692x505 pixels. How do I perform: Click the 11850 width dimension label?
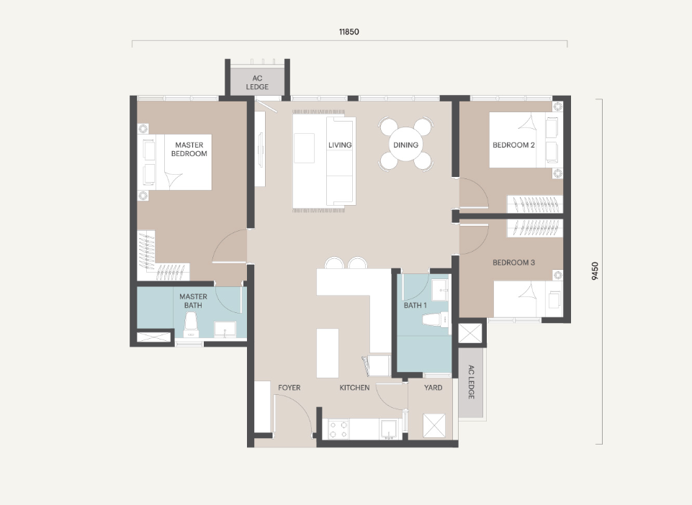coord(349,32)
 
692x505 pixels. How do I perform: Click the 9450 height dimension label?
coord(595,270)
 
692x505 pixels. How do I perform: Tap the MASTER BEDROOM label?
coord(189,149)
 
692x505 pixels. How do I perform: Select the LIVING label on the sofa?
coord(340,145)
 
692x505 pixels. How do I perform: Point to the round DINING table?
coord(405,145)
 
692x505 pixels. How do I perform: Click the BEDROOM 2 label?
coord(513,145)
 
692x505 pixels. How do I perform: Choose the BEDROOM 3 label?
coord(513,263)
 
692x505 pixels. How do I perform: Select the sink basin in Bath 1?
coord(440,289)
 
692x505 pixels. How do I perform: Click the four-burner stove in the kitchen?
coord(338,429)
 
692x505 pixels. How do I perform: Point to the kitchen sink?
coord(389,429)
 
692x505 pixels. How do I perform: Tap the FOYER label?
coord(289,388)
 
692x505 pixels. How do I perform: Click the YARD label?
coord(433,388)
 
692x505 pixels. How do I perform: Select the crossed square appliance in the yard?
coord(434,425)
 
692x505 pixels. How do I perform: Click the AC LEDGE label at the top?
coord(257,83)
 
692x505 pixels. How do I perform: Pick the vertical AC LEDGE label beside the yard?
coord(471,382)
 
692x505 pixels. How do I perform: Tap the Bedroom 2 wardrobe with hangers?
coord(535,204)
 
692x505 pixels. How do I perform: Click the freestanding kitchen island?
coord(328,352)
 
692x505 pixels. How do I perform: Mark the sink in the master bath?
coord(225,329)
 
